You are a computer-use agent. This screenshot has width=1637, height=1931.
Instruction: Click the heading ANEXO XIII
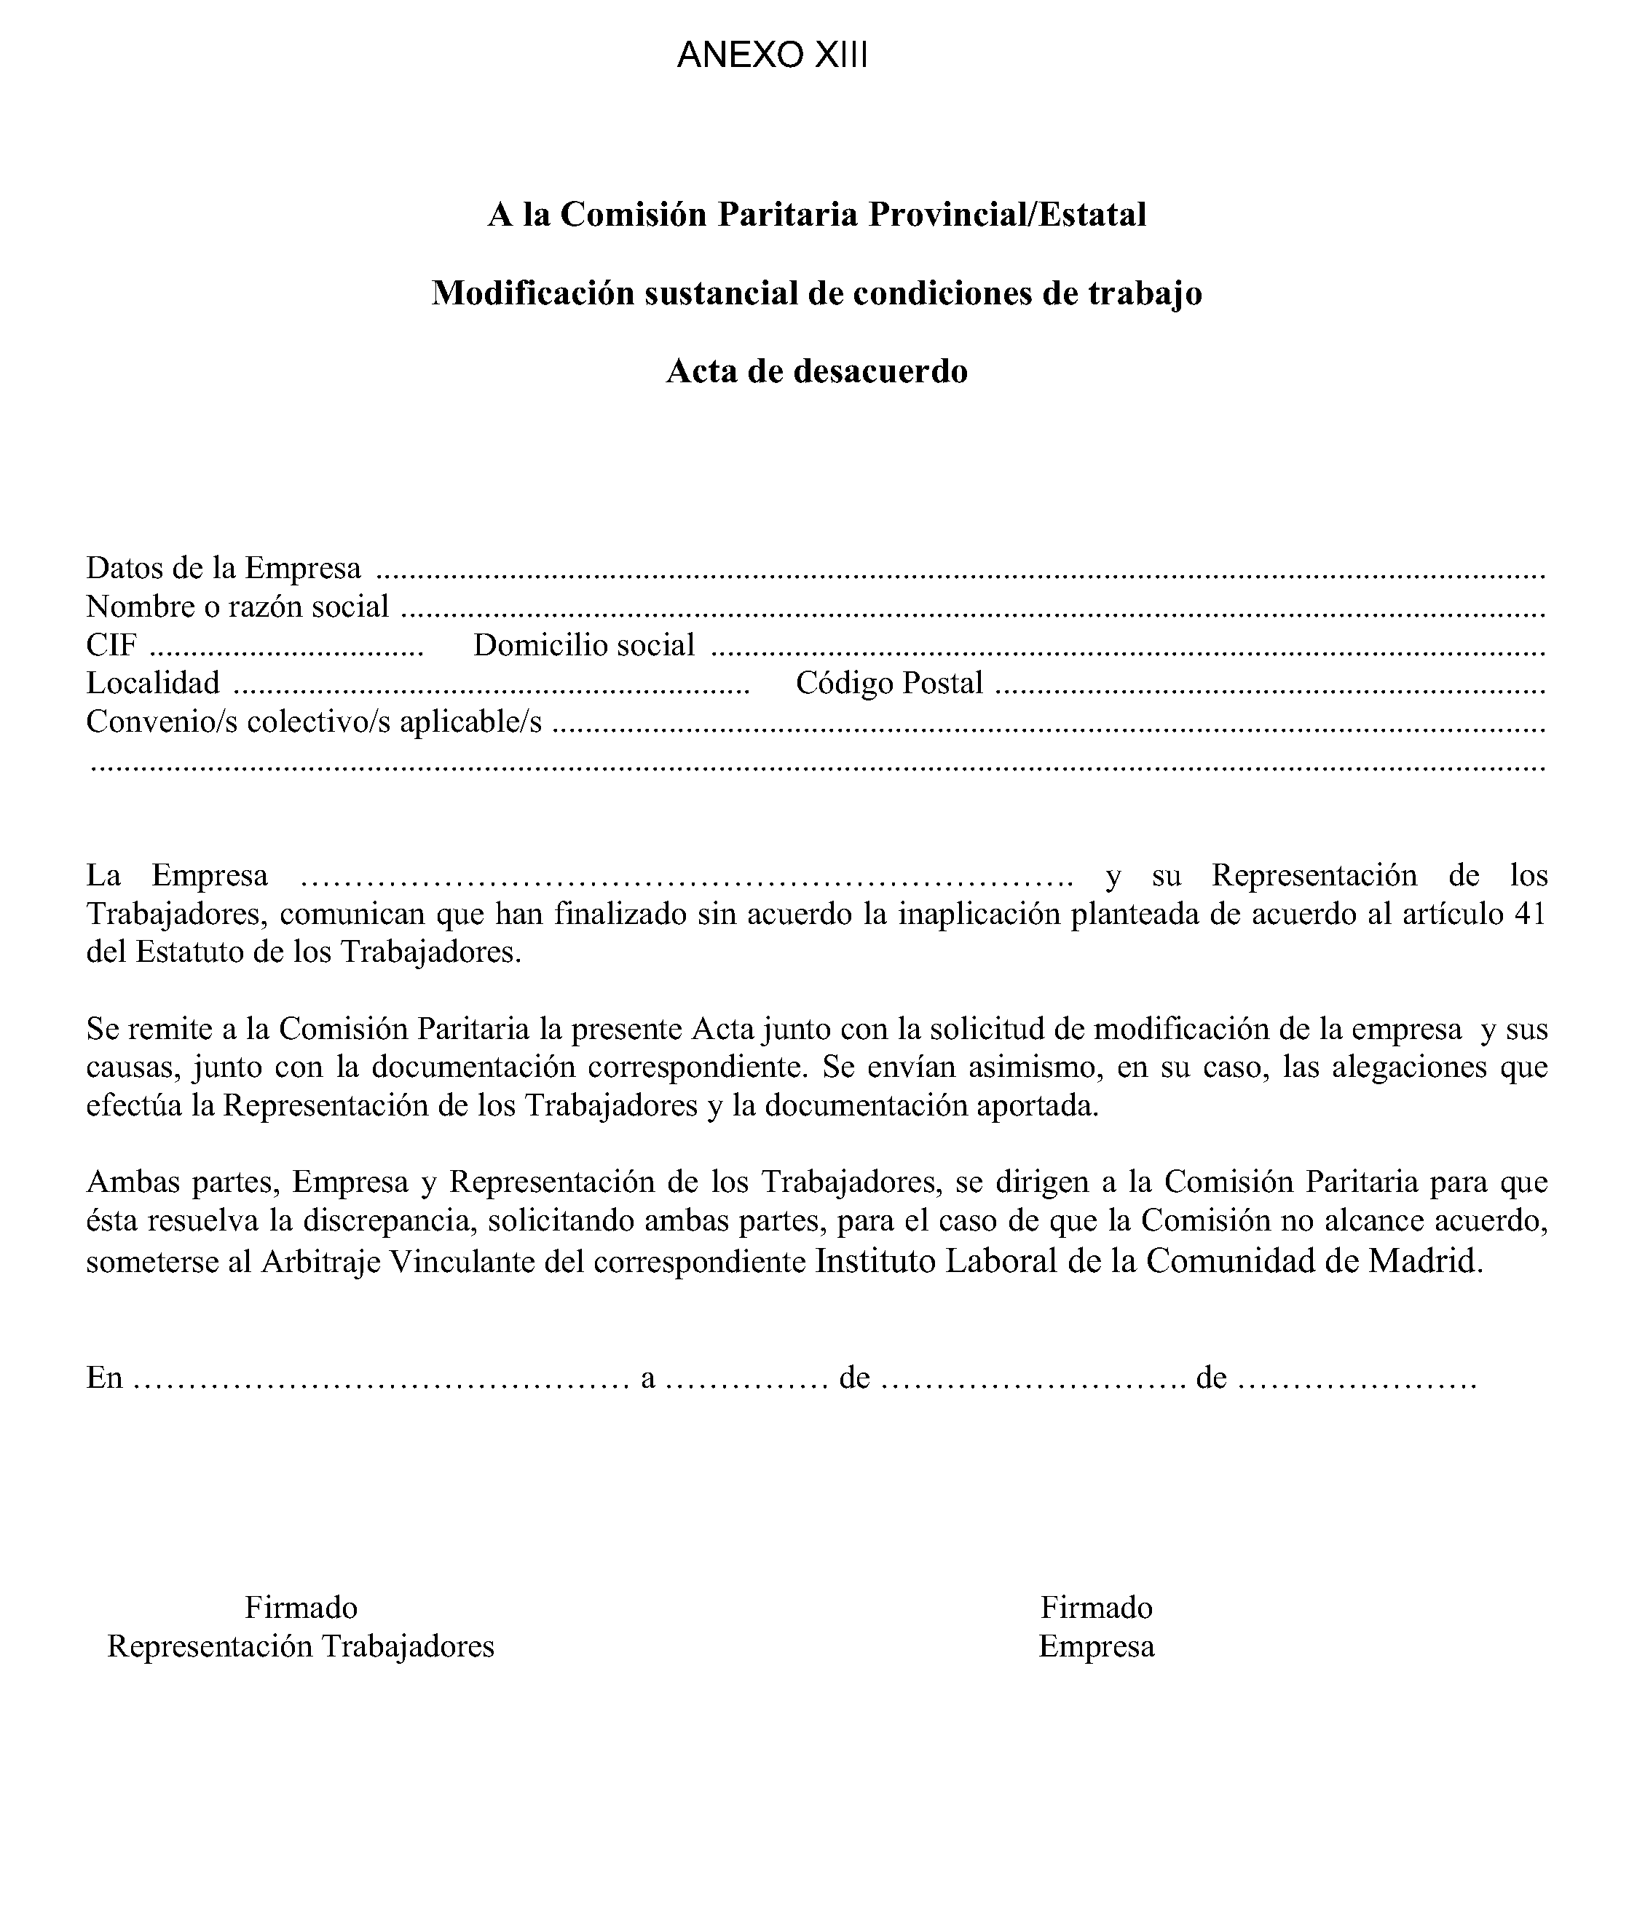(772, 55)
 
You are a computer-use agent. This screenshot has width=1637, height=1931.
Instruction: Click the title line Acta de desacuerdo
(816, 371)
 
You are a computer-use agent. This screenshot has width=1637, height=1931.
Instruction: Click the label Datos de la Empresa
(224, 567)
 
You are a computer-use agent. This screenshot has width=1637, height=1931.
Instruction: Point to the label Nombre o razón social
(237, 606)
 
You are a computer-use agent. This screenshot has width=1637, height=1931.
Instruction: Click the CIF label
(111, 645)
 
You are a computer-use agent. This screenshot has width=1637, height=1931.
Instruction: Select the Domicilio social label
(584, 645)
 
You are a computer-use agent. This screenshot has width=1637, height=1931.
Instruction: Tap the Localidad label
(153, 683)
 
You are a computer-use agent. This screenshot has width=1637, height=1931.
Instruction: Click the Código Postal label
(889, 683)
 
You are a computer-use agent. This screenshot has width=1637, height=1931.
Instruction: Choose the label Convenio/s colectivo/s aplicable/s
(314, 721)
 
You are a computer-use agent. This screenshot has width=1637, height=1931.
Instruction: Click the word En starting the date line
(104, 1378)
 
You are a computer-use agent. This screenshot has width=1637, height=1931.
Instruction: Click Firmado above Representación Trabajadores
(301, 1607)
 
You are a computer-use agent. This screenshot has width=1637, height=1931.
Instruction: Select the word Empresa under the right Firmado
(1096, 1646)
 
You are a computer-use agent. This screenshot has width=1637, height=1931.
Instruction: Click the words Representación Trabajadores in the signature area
(301, 1646)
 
